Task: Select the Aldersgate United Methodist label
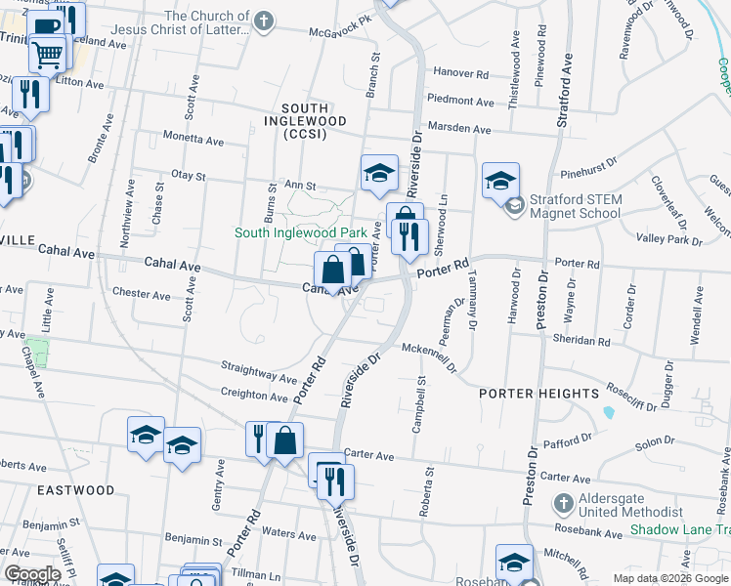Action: click(631, 505)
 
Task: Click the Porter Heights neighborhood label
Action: click(538, 394)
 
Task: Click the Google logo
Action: click(32, 574)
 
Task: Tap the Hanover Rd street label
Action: click(460, 73)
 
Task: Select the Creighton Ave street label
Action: click(255, 396)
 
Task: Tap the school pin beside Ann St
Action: click(379, 173)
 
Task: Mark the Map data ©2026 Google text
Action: click(670, 578)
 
